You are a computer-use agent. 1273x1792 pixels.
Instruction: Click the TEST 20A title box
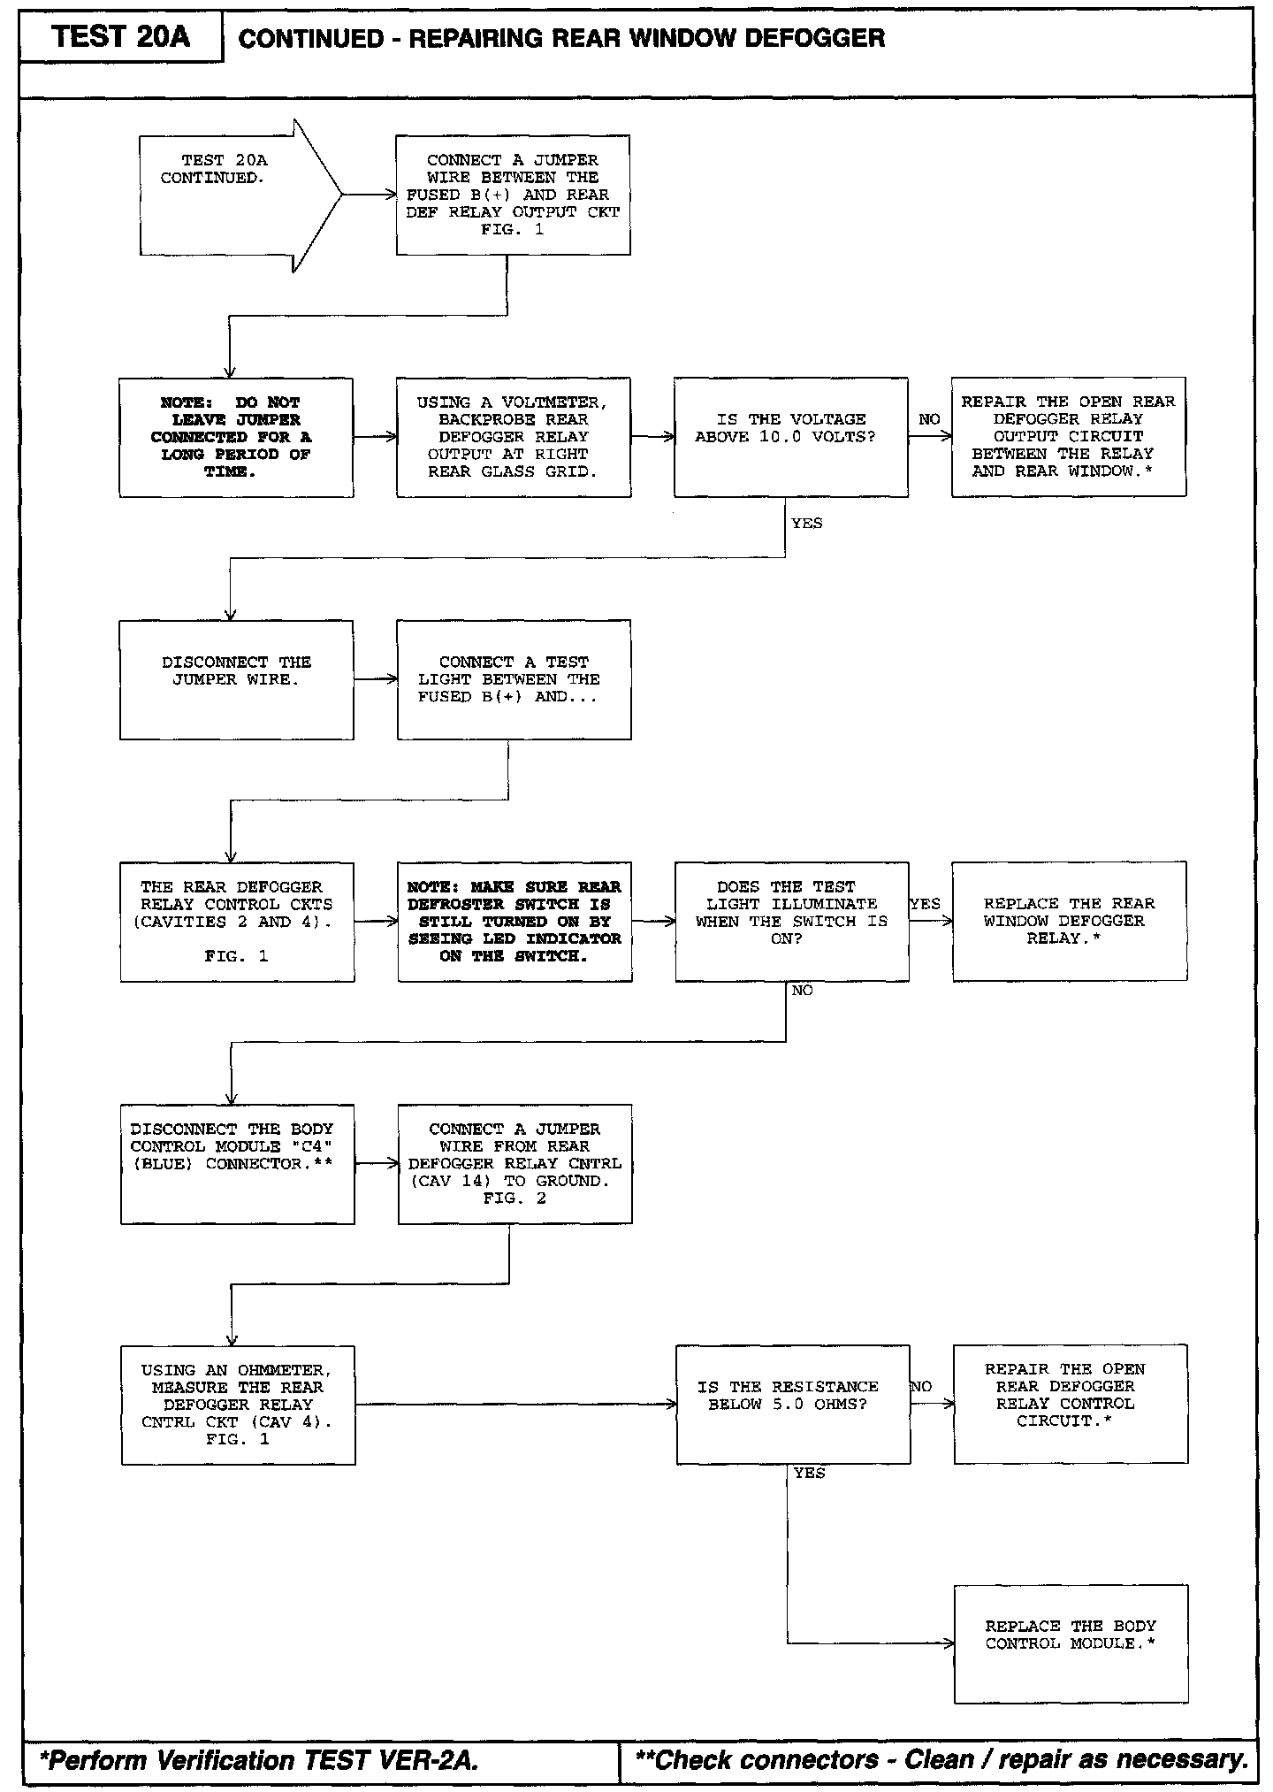click(120, 37)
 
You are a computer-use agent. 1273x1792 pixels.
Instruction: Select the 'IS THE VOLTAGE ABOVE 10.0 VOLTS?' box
click(790, 437)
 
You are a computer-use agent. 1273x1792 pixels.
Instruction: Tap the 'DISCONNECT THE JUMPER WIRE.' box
click(236, 679)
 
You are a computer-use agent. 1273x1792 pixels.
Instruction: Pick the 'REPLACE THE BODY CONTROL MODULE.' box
click(1071, 1643)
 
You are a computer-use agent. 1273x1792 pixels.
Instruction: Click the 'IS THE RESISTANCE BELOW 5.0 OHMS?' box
click(792, 1404)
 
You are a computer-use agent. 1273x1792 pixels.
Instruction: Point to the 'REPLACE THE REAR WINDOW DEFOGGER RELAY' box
click(1069, 921)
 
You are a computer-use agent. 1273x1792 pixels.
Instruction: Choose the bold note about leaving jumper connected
click(236, 437)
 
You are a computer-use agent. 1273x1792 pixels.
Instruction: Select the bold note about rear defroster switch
click(515, 921)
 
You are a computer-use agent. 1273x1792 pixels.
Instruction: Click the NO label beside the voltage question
click(929, 419)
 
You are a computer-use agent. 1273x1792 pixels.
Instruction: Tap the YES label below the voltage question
click(806, 524)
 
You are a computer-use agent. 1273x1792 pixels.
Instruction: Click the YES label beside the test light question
click(926, 904)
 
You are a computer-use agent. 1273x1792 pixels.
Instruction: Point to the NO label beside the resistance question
click(921, 1387)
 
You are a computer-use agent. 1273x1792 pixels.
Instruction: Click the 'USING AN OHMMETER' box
click(238, 1405)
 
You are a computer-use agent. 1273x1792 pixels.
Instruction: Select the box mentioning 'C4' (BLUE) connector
click(237, 1163)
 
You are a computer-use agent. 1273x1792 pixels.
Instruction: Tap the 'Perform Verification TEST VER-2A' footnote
click(259, 1760)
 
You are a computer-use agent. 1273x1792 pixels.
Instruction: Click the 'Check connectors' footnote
click(941, 1760)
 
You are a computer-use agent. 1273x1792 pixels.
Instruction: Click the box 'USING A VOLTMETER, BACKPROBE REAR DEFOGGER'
click(514, 437)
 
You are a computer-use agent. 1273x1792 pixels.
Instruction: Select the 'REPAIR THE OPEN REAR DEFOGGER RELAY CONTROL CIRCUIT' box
click(1070, 1404)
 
